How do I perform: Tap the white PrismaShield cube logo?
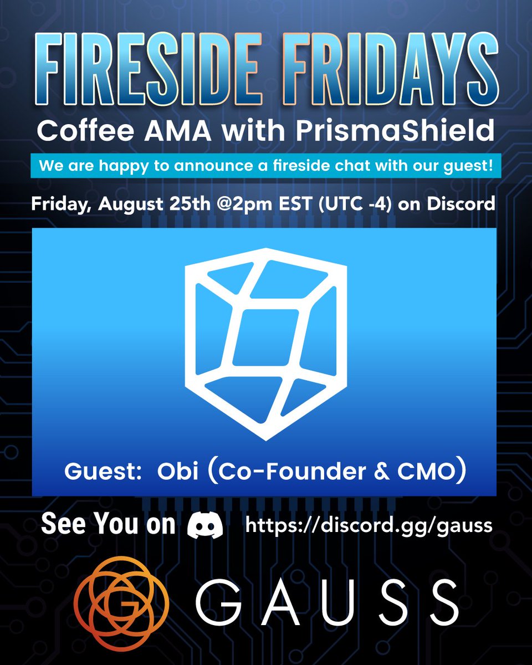pyautogui.click(x=266, y=344)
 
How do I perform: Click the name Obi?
pyautogui.click(x=176, y=474)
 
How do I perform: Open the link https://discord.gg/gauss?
pyautogui.click(x=369, y=525)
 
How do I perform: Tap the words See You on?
pyautogui.click(x=109, y=525)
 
